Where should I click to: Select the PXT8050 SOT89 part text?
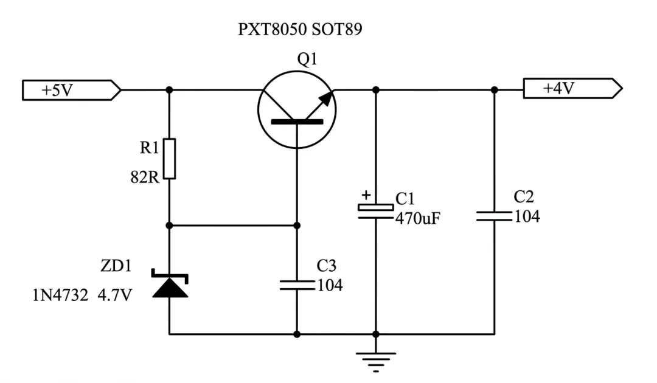(300, 29)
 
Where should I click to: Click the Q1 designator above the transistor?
(307, 59)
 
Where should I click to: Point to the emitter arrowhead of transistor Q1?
(327, 98)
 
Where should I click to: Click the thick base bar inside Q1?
(297, 122)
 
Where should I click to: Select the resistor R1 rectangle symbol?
(169, 159)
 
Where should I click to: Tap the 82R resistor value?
(145, 178)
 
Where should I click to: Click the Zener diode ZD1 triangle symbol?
(170, 287)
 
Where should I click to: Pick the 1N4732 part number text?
(60, 295)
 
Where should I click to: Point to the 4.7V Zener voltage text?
(115, 295)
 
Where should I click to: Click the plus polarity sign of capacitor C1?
(367, 195)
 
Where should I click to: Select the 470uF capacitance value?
(418, 218)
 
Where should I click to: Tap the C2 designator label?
(524, 196)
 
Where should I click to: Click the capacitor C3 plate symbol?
(297, 286)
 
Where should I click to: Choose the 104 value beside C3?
(330, 286)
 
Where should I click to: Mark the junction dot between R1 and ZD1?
(169, 226)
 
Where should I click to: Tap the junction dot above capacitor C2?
(495, 90)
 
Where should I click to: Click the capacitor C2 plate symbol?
(495, 216)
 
